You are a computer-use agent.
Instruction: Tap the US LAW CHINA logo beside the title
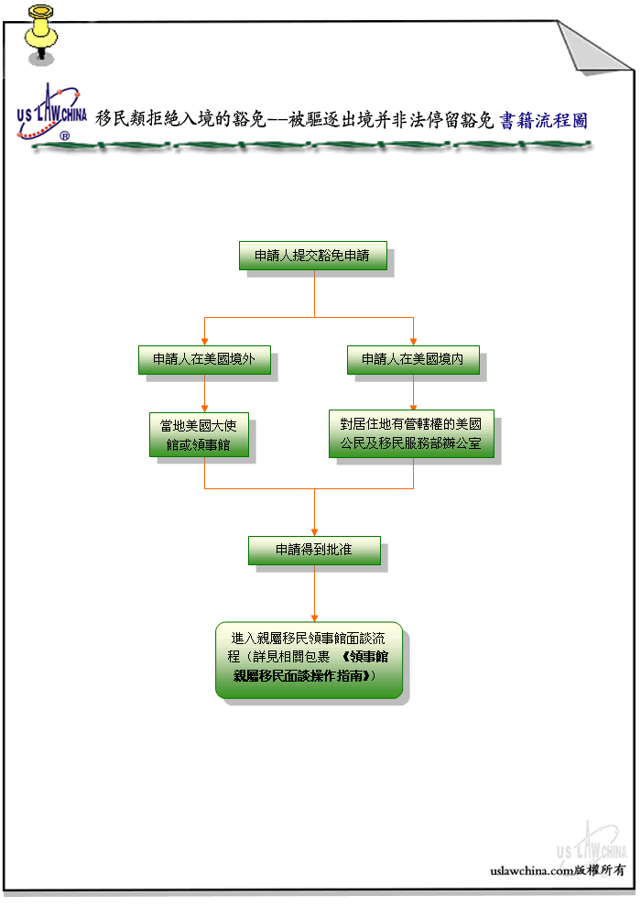click(x=51, y=114)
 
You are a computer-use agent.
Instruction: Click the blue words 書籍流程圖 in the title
click(x=543, y=120)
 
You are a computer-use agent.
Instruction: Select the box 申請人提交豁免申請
click(x=313, y=256)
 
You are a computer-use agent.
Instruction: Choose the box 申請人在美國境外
click(x=204, y=360)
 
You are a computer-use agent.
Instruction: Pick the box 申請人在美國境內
click(x=413, y=360)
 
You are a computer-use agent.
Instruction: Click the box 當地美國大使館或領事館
click(x=199, y=435)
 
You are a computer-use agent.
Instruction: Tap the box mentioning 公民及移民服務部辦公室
click(x=411, y=434)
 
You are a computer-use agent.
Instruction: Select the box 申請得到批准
click(x=314, y=550)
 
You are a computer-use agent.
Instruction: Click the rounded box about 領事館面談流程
click(x=310, y=660)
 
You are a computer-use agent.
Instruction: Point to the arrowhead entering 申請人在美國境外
click(x=204, y=342)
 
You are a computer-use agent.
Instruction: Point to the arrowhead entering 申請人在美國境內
click(x=413, y=342)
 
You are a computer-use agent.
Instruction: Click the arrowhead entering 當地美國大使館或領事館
click(x=204, y=409)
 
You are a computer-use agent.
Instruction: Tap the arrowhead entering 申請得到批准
click(x=314, y=532)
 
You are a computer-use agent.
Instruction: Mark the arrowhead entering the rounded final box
click(x=314, y=617)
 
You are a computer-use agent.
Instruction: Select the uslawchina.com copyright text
click(x=558, y=870)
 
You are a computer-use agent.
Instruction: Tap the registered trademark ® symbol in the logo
click(x=65, y=136)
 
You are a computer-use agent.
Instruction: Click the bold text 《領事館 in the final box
click(x=364, y=657)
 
